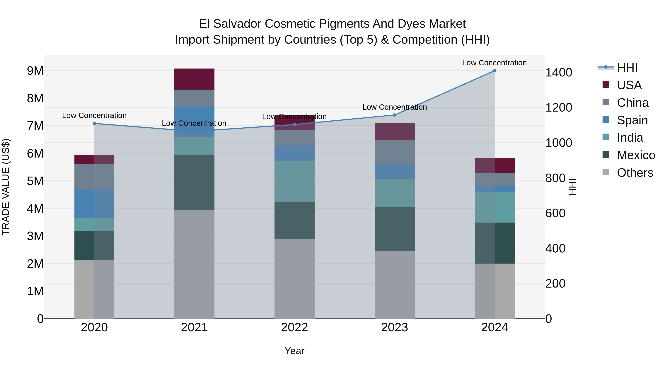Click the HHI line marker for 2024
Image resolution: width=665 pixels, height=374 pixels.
coord(494,71)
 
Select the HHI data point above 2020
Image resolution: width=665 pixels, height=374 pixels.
coord(94,123)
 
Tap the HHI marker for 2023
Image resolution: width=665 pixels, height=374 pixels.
coord(394,115)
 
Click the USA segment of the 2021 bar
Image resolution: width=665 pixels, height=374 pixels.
coord(194,79)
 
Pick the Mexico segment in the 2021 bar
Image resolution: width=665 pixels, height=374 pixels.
coord(194,182)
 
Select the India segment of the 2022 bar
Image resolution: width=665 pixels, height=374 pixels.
coord(294,181)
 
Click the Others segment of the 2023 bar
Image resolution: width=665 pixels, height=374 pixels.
coord(394,284)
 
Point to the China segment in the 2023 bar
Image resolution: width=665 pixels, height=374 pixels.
coord(394,152)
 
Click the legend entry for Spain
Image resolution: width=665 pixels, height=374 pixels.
coord(632,120)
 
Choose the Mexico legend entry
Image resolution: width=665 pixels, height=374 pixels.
coord(636,155)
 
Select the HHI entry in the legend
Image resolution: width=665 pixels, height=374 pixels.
coord(627,68)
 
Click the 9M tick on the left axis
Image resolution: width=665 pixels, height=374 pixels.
coord(35,71)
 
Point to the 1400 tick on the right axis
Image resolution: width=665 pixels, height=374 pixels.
coord(558,73)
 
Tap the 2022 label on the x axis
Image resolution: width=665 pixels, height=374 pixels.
coord(294,327)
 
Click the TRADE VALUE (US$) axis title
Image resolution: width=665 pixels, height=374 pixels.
coord(6,187)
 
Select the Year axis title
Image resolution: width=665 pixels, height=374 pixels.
coord(294,351)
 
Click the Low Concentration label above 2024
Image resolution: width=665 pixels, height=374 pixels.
coord(494,63)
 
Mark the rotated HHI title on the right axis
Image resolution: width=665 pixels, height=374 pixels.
coord(572,187)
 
